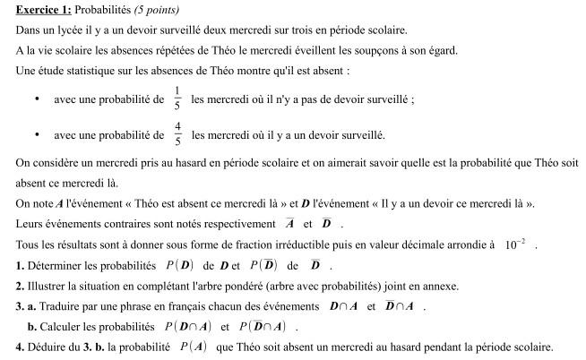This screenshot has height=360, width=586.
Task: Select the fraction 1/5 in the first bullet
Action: pyautogui.click(x=177, y=98)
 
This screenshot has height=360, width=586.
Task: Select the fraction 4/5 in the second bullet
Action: pyautogui.click(x=177, y=134)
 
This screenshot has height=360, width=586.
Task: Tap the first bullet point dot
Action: pyautogui.click(x=36, y=99)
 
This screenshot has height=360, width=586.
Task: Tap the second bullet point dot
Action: pyautogui.click(x=36, y=135)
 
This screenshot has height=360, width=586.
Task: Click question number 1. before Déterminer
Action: pyautogui.click(x=20, y=265)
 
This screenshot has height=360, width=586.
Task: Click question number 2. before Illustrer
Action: pyautogui.click(x=20, y=286)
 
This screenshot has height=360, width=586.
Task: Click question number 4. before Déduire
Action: pyautogui.click(x=20, y=347)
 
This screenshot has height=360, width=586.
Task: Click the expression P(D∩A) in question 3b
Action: pyautogui.click(x=184, y=326)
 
